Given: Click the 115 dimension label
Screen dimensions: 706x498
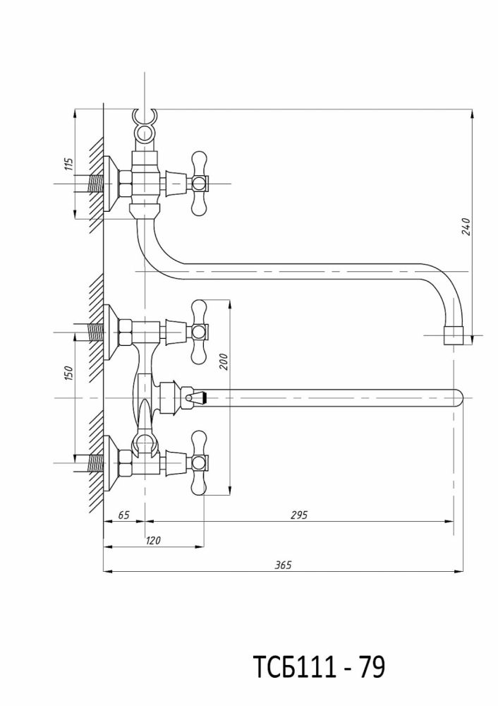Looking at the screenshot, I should click(68, 165).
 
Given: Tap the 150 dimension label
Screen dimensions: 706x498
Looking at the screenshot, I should click(68, 373).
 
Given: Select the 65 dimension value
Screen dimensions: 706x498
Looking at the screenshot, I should click(123, 515).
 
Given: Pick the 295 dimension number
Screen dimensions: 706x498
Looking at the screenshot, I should click(298, 515).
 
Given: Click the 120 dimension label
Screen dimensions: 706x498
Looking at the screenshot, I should click(153, 541).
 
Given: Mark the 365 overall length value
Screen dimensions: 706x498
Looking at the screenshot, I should click(282, 565).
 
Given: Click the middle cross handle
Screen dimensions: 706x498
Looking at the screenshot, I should click(200, 330).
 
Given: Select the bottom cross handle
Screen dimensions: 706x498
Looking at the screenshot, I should click(200, 462).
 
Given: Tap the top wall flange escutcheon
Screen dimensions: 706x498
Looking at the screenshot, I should click(109, 184).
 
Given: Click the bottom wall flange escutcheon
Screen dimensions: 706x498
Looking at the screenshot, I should click(109, 462).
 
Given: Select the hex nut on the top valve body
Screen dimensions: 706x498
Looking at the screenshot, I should click(125, 184).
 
